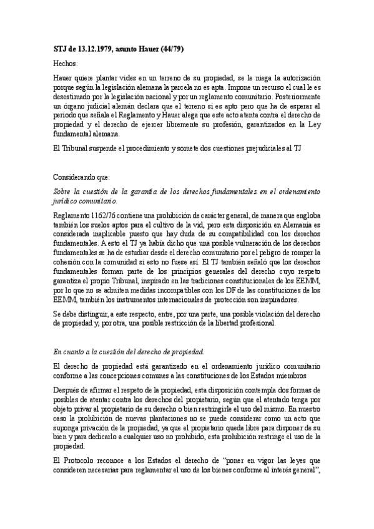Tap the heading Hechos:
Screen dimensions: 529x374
tap(66, 64)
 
